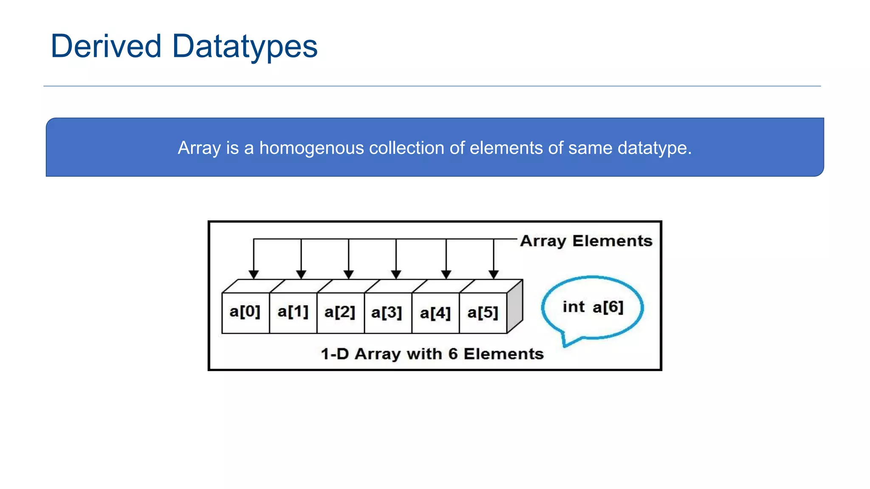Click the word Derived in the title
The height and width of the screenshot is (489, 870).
[x=106, y=46]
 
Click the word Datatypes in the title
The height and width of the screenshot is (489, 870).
[x=245, y=47]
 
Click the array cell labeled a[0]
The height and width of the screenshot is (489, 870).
[x=245, y=312]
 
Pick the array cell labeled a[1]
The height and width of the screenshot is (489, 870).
[x=293, y=312]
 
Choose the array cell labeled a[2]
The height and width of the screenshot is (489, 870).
[x=340, y=312]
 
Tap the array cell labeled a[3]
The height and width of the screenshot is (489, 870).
[x=387, y=313]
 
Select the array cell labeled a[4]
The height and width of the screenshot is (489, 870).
[x=435, y=313]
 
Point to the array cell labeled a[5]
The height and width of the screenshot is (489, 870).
[x=483, y=313]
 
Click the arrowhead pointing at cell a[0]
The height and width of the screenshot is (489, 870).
[x=254, y=274]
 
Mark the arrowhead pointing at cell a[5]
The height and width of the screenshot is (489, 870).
[x=493, y=274]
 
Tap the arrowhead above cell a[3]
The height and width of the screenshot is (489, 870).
[x=396, y=274]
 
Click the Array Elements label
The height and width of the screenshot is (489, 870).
[x=586, y=241]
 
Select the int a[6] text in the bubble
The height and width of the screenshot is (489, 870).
[x=593, y=307]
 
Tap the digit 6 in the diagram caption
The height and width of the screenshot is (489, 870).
[x=453, y=354]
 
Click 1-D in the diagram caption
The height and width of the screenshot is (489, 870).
[x=335, y=354]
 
